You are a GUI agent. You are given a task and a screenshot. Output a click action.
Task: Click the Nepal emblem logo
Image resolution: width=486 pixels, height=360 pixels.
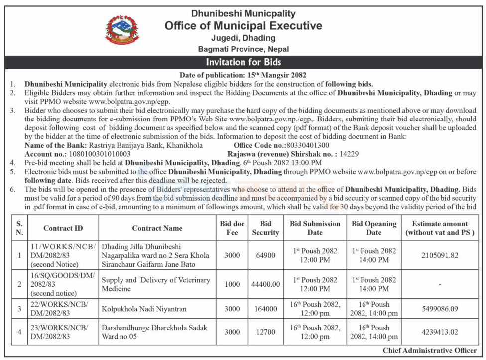coord(122,29)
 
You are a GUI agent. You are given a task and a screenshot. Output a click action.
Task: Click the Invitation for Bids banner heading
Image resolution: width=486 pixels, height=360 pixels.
coord(243,62)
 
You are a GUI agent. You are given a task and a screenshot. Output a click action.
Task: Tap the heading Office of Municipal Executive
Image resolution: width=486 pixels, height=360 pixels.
coord(243,26)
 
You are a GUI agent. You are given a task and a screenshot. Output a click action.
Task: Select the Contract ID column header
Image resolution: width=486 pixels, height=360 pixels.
coord(63,228)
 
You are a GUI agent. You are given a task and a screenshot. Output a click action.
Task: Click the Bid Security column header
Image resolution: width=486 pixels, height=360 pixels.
coord(265,228)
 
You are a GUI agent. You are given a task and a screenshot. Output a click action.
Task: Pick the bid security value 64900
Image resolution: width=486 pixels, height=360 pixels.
coord(265,255)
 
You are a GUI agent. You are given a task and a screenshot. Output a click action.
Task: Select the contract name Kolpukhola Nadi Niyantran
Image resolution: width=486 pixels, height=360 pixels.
coord(144,309)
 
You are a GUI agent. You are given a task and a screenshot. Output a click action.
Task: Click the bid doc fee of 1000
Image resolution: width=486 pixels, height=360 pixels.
coord(232,284)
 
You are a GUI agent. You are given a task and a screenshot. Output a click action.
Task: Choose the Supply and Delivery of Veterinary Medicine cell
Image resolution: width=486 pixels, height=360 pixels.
coord(156,284)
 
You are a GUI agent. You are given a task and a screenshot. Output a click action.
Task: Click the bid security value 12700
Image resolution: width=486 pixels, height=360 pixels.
coord(265,332)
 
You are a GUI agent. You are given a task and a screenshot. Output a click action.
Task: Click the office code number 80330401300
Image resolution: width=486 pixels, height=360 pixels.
coord(308,145)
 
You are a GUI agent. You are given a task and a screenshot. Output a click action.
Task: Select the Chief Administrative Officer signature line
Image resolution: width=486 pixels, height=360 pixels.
coord(430,351)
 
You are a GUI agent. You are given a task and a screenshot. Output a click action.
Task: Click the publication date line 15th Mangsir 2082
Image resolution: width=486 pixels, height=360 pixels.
coord(243,75)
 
